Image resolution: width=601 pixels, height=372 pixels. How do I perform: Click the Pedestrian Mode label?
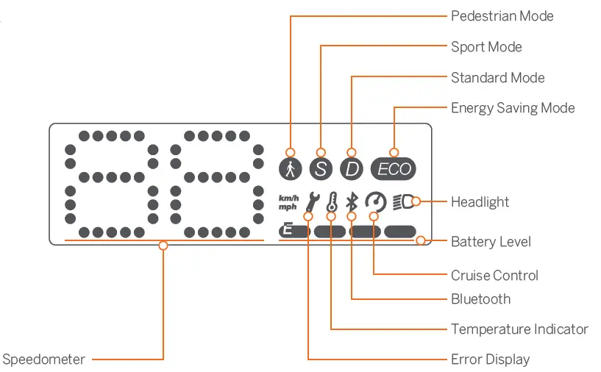[x=502, y=16]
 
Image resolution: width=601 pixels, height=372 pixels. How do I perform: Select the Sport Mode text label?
[x=486, y=47]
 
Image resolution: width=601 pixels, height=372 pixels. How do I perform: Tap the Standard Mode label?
[x=497, y=78]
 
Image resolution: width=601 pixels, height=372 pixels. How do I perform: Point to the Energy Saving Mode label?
[x=513, y=108]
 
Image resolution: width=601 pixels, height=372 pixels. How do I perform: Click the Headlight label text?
[x=480, y=202]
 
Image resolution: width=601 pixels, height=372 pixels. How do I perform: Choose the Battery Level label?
[x=491, y=242]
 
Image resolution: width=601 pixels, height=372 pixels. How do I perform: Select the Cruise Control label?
[x=494, y=276]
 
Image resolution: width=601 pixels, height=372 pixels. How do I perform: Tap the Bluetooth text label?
[x=480, y=299]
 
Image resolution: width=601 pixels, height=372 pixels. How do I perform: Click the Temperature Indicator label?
[x=519, y=329]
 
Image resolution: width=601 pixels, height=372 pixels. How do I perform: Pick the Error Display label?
[x=490, y=360]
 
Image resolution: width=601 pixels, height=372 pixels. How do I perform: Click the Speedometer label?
[x=43, y=360]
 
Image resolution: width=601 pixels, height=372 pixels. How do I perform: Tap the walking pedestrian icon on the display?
[x=291, y=169]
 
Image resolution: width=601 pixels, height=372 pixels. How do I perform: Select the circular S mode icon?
[x=321, y=169]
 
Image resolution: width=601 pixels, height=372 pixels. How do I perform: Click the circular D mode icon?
[x=352, y=169]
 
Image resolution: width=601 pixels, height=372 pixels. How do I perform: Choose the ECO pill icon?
[x=394, y=169]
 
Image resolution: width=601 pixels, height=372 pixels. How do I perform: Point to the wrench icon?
[x=311, y=202]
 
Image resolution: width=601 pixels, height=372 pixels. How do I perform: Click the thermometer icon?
[x=332, y=202]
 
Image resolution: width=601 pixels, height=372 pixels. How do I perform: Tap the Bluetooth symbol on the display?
[x=352, y=202]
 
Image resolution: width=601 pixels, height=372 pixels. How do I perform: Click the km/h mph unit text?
[x=288, y=202]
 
